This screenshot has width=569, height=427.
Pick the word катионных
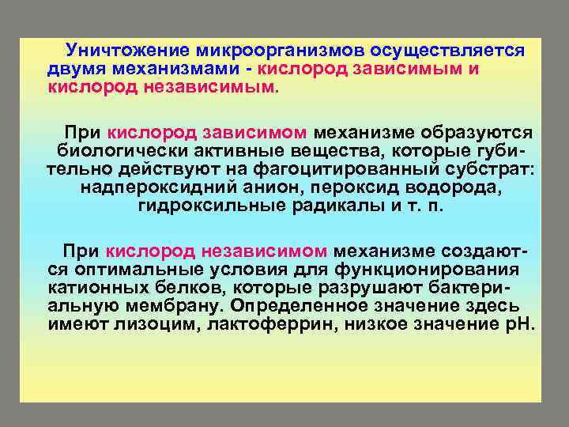pyautogui.click(x=96, y=287)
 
